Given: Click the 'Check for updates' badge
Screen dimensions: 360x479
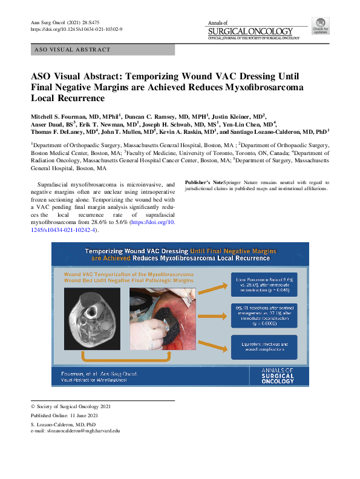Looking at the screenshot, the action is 320,25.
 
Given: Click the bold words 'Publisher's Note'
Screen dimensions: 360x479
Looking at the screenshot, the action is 205,182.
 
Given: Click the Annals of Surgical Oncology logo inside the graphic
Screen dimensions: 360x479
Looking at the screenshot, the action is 278,375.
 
